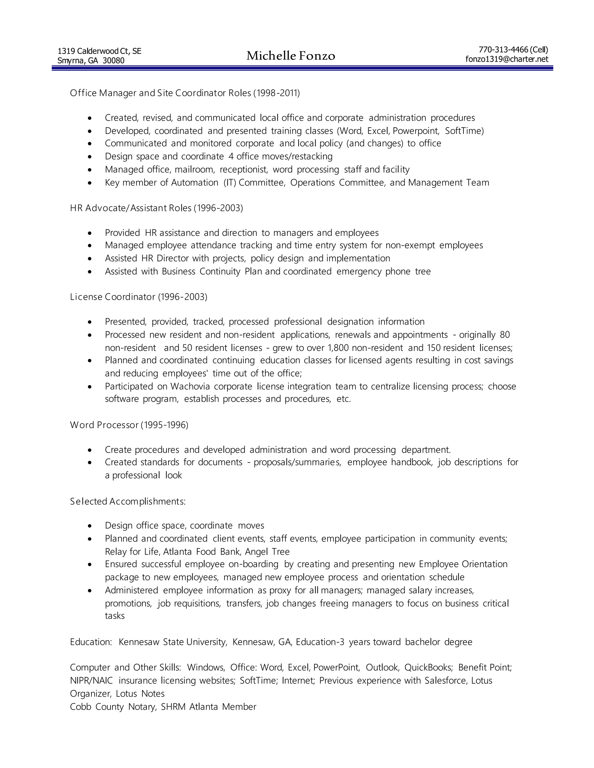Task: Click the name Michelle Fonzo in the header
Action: (291, 56)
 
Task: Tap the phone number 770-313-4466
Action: (503, 50)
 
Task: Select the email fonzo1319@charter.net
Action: (507, 59)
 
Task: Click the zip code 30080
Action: (113, 61)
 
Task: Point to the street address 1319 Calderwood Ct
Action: (94, 51)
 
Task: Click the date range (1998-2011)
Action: (277, 93)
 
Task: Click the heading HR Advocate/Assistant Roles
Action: (131, 208)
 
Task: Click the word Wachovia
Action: (190, 386)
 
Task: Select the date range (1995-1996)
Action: (165, 425)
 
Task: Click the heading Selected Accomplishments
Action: (127, 501)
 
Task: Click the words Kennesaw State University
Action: (173, 642)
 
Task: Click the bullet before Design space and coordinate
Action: (90, 157)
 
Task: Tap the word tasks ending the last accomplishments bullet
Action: (115, 616)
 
